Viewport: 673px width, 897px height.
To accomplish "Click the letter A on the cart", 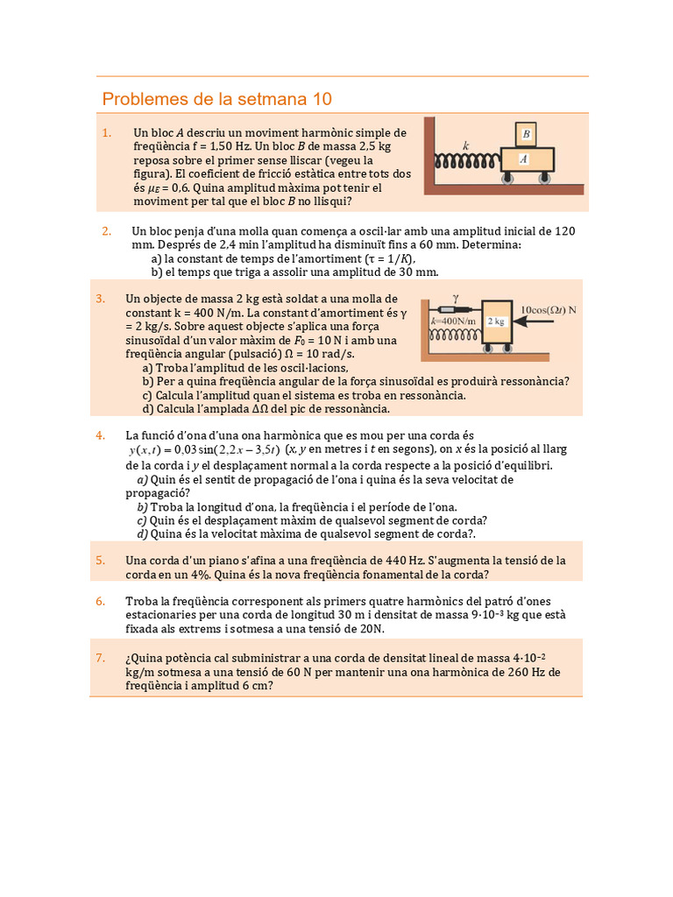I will (523, 159).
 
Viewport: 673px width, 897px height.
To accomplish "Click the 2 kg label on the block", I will (497, 321).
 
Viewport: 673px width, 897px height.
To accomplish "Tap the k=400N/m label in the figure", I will (454, 321).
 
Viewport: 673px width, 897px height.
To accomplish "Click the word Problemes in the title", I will (144, 99).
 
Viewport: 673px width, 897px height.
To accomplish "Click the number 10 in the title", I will (322, 99).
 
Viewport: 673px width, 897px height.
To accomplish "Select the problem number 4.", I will (101, 435).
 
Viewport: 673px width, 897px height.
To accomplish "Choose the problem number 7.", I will (101, 658).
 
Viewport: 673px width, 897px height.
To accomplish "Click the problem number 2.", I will (106, 231).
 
